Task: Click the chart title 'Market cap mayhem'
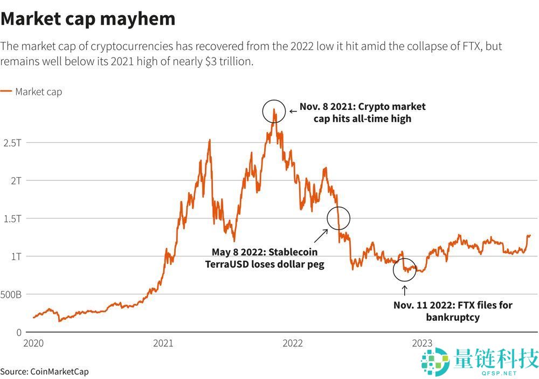click(88, 18)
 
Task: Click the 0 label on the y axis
click(18, 332)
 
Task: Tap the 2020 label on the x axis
click(34, 343)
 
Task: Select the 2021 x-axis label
click(163, 343)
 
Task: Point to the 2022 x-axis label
click(293, 343)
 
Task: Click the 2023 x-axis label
click(422, 343)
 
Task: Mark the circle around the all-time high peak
click(274, 111)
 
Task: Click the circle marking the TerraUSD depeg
click(338, 218)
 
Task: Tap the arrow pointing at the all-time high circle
click(293, 111)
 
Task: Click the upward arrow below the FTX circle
click(405, 290)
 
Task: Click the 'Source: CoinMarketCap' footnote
click(44, 371)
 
